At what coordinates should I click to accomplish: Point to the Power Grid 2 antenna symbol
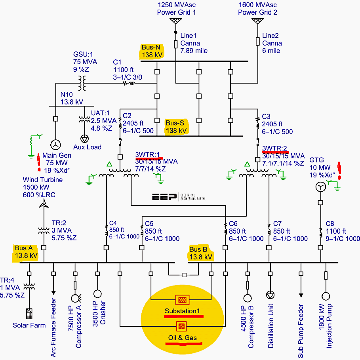click(257, 21)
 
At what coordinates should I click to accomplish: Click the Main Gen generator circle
click(56, 144)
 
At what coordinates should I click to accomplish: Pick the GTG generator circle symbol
click(320, 187)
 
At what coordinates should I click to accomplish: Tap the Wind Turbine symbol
click(44, 203)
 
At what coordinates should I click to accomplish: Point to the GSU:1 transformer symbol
click(83, 83)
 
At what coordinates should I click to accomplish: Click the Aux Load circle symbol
click(84, 138)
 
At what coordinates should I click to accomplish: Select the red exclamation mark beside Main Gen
click(39, 159)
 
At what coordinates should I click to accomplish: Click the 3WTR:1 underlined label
click(147, 154)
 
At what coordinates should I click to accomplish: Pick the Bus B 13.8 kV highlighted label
click(201, 253)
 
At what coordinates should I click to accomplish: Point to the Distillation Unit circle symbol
click(270, 295)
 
